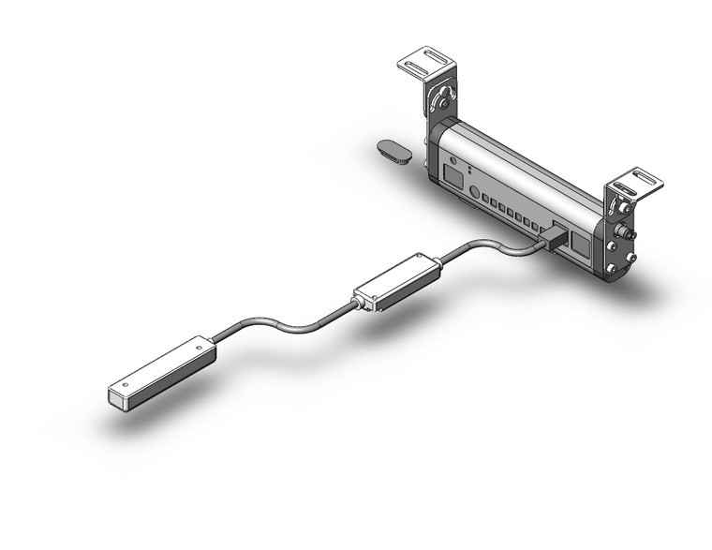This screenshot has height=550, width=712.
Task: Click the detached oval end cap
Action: [395, 151]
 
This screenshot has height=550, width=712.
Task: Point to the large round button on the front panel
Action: [474, 193]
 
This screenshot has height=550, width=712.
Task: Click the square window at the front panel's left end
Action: [453, 176]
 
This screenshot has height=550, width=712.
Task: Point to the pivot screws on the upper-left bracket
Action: [441, 97]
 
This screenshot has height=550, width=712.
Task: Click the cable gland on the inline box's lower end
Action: [355, 302]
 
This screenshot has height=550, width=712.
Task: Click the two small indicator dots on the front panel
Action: [468, 172]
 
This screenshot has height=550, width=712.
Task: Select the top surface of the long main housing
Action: [525, 159]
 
